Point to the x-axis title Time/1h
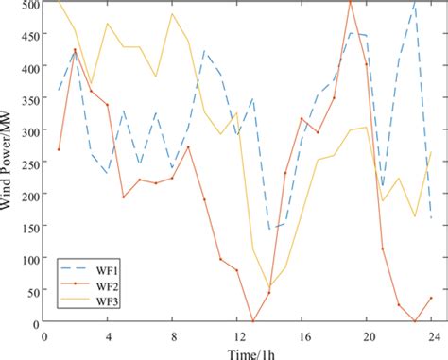point(236,351)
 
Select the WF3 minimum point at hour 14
point(268,286)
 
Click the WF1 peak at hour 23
point(415,3)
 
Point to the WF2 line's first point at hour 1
point(59,149)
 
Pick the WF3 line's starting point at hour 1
point(59,2)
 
